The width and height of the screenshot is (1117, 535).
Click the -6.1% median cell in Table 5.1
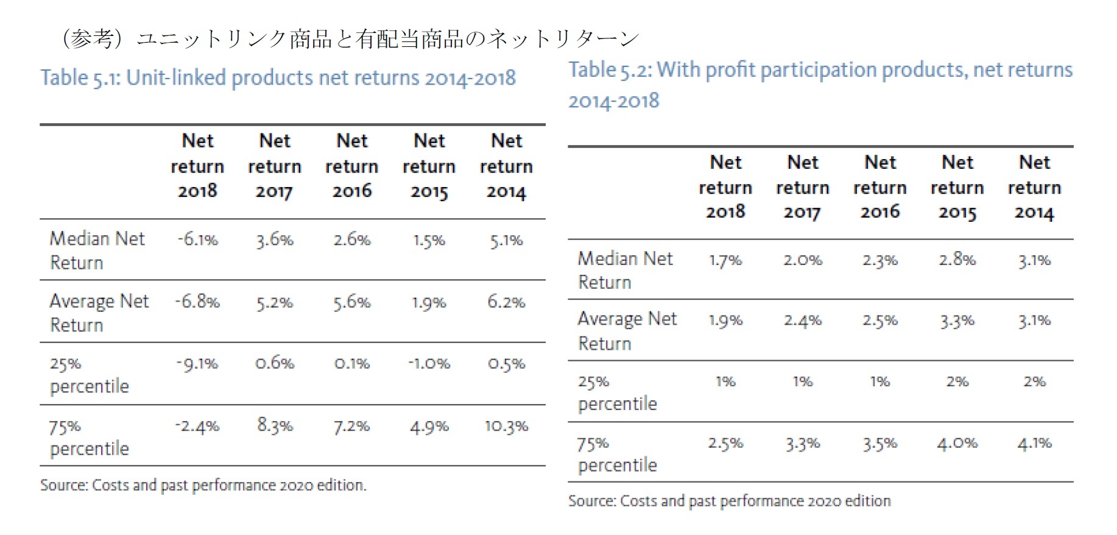pos(197,239)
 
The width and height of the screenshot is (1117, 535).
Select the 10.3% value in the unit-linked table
pos(506,426)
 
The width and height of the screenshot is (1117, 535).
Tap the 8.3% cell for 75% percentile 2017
pos(275,425)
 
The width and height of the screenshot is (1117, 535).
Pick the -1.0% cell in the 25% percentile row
pos(429,364)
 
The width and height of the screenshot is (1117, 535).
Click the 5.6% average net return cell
pos(351,302)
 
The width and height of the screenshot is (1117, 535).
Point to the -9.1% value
pos(197,364)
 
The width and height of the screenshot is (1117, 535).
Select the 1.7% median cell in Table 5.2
pos(725,260)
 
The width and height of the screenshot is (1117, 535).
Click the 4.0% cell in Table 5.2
pos(957,443)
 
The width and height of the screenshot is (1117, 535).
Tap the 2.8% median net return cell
pos(957,260)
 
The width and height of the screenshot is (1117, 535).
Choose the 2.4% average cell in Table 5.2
pos(802,321)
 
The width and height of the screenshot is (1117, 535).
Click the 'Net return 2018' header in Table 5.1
pos(197,166)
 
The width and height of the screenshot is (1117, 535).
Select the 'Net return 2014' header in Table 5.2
pos(1034,187)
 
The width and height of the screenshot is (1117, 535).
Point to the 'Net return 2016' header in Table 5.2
pos(879,187)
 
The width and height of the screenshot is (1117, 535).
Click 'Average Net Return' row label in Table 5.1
pos(99,313)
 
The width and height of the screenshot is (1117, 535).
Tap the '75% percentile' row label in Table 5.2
pos(617,454)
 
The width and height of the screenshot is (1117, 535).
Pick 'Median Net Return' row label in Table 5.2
pos(624,270)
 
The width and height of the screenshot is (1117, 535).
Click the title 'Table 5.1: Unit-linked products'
pos(278,78)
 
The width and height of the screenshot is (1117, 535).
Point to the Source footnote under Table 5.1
pos(203,485)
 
